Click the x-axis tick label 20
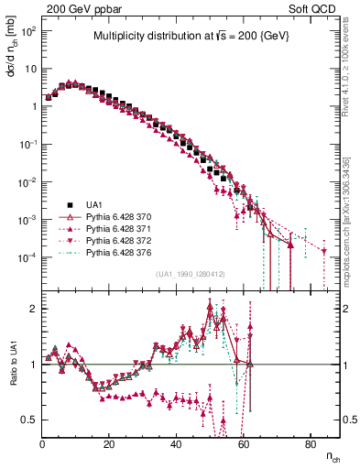coord(109,444)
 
